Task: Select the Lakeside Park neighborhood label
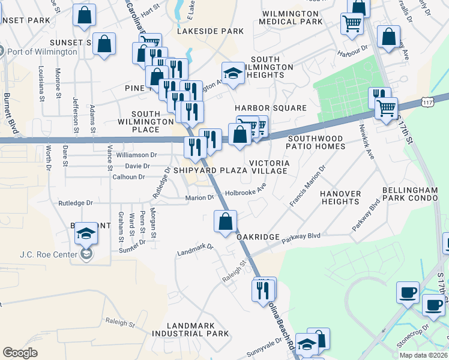210,31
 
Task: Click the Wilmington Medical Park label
291,17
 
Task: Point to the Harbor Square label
270,108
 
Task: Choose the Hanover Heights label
340,197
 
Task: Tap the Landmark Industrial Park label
190,329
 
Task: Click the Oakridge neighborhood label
258,237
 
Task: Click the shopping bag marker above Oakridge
225,221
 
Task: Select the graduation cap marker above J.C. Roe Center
86,233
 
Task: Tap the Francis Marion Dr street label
307,186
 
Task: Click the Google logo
20,353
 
